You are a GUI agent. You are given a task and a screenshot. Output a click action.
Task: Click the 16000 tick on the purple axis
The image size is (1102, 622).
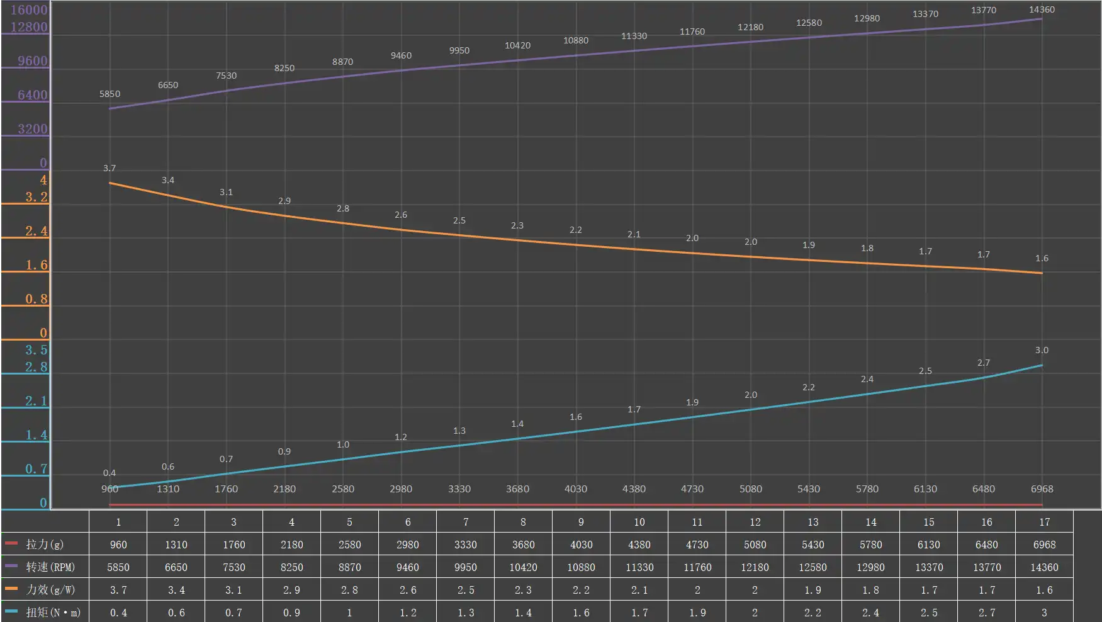(x=29, y=9)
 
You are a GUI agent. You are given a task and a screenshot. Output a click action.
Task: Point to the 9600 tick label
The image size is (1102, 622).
(x=32, y=61)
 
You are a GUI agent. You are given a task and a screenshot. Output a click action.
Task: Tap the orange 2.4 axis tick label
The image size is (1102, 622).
(x=36, y=231)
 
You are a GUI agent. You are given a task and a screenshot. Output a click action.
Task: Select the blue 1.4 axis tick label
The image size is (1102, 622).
(x=36, y=435)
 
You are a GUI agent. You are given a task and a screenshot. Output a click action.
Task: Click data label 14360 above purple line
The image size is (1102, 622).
(x=1042, y=9)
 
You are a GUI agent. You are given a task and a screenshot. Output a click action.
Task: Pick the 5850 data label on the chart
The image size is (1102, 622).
(x=110, y=94)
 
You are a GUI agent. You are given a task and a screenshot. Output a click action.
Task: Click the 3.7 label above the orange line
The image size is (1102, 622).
(x=110, y=168)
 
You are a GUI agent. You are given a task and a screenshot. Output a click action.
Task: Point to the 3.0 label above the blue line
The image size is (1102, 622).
(x=1042, y=350)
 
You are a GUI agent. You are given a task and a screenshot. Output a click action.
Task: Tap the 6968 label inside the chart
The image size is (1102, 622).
(x=1042, y=489)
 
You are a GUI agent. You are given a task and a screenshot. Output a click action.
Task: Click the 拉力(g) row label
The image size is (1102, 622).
(x=45, y=545)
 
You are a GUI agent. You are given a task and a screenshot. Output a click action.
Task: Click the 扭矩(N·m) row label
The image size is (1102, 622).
(x=53, y=613)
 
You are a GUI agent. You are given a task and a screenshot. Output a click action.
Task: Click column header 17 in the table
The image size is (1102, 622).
(x=1044, y=522)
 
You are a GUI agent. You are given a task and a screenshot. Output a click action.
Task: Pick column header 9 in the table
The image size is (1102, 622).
(x=581, y=522)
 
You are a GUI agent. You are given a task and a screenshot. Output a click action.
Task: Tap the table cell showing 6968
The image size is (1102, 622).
(x=1044, y=545)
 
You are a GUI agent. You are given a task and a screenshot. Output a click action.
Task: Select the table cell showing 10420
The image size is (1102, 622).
(x=523, y=567)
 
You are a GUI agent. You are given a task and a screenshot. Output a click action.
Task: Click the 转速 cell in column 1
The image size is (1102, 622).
(x=118, y=567)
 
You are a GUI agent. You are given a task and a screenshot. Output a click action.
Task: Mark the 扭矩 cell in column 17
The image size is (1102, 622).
(x=1044, y=613)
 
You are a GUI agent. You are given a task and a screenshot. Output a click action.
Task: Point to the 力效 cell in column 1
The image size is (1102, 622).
(x=118, y=590)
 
